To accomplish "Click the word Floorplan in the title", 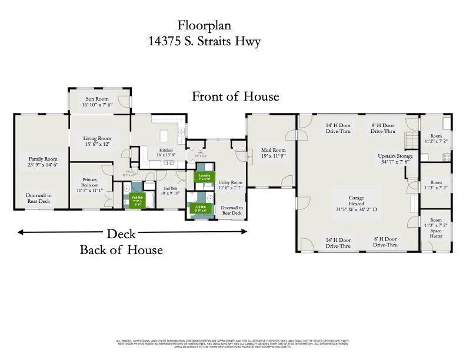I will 205,25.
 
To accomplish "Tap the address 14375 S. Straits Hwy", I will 205,41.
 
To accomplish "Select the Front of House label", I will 235,96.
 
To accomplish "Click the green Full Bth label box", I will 137,200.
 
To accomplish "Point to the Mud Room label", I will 273,153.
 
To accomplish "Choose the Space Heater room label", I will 435,227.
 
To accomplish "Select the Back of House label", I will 121,250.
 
